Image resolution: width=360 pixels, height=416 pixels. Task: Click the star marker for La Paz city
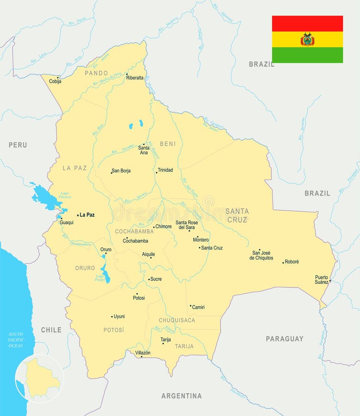[x=78, y=215]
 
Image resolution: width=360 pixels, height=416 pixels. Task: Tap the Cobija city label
[x=55, y=81]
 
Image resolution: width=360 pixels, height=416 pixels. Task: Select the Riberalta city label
[x=134, y=78]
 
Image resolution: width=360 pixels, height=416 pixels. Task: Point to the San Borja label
[x=122, y=171]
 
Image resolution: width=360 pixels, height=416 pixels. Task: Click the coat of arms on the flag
[x=307, y=39]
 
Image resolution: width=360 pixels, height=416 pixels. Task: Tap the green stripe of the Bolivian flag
[x=307, y=55]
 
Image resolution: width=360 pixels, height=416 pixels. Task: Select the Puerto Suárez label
[x=322, y=280]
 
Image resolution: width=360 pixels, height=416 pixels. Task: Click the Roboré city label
[x=292, y=262]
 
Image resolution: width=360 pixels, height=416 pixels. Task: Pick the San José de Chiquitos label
[x=261, y=255]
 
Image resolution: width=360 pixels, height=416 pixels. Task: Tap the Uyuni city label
[x=119, y=317]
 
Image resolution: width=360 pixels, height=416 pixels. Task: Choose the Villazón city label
[x=142, y=353]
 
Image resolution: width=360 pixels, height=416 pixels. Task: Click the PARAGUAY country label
[x=284, y=339]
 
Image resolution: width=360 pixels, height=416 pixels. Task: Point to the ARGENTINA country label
[x=181, y=396]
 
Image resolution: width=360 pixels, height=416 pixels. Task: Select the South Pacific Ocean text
[x=16, y=340]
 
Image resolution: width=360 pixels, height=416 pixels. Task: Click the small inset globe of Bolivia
[x=39, y=379]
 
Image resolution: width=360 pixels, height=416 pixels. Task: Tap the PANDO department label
[x=96, y=73]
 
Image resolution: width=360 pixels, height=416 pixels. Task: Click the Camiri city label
[x=198, y=307]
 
